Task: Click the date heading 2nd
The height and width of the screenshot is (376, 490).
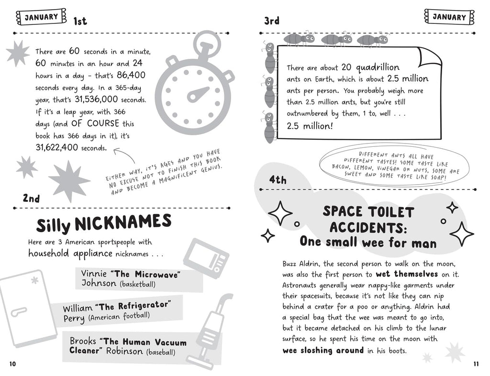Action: [x=31, y=198]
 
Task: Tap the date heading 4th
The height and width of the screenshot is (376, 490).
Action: [x=278, y=180]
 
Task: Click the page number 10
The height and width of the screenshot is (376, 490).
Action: [x=12, y=364]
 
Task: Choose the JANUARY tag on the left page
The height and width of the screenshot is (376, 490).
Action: [x=41, y=17]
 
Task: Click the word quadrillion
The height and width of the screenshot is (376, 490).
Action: [x=377, y=67]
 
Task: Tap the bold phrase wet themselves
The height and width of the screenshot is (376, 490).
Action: [x=407, y=274]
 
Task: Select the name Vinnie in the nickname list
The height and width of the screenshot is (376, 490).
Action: [x=94, y=274]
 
